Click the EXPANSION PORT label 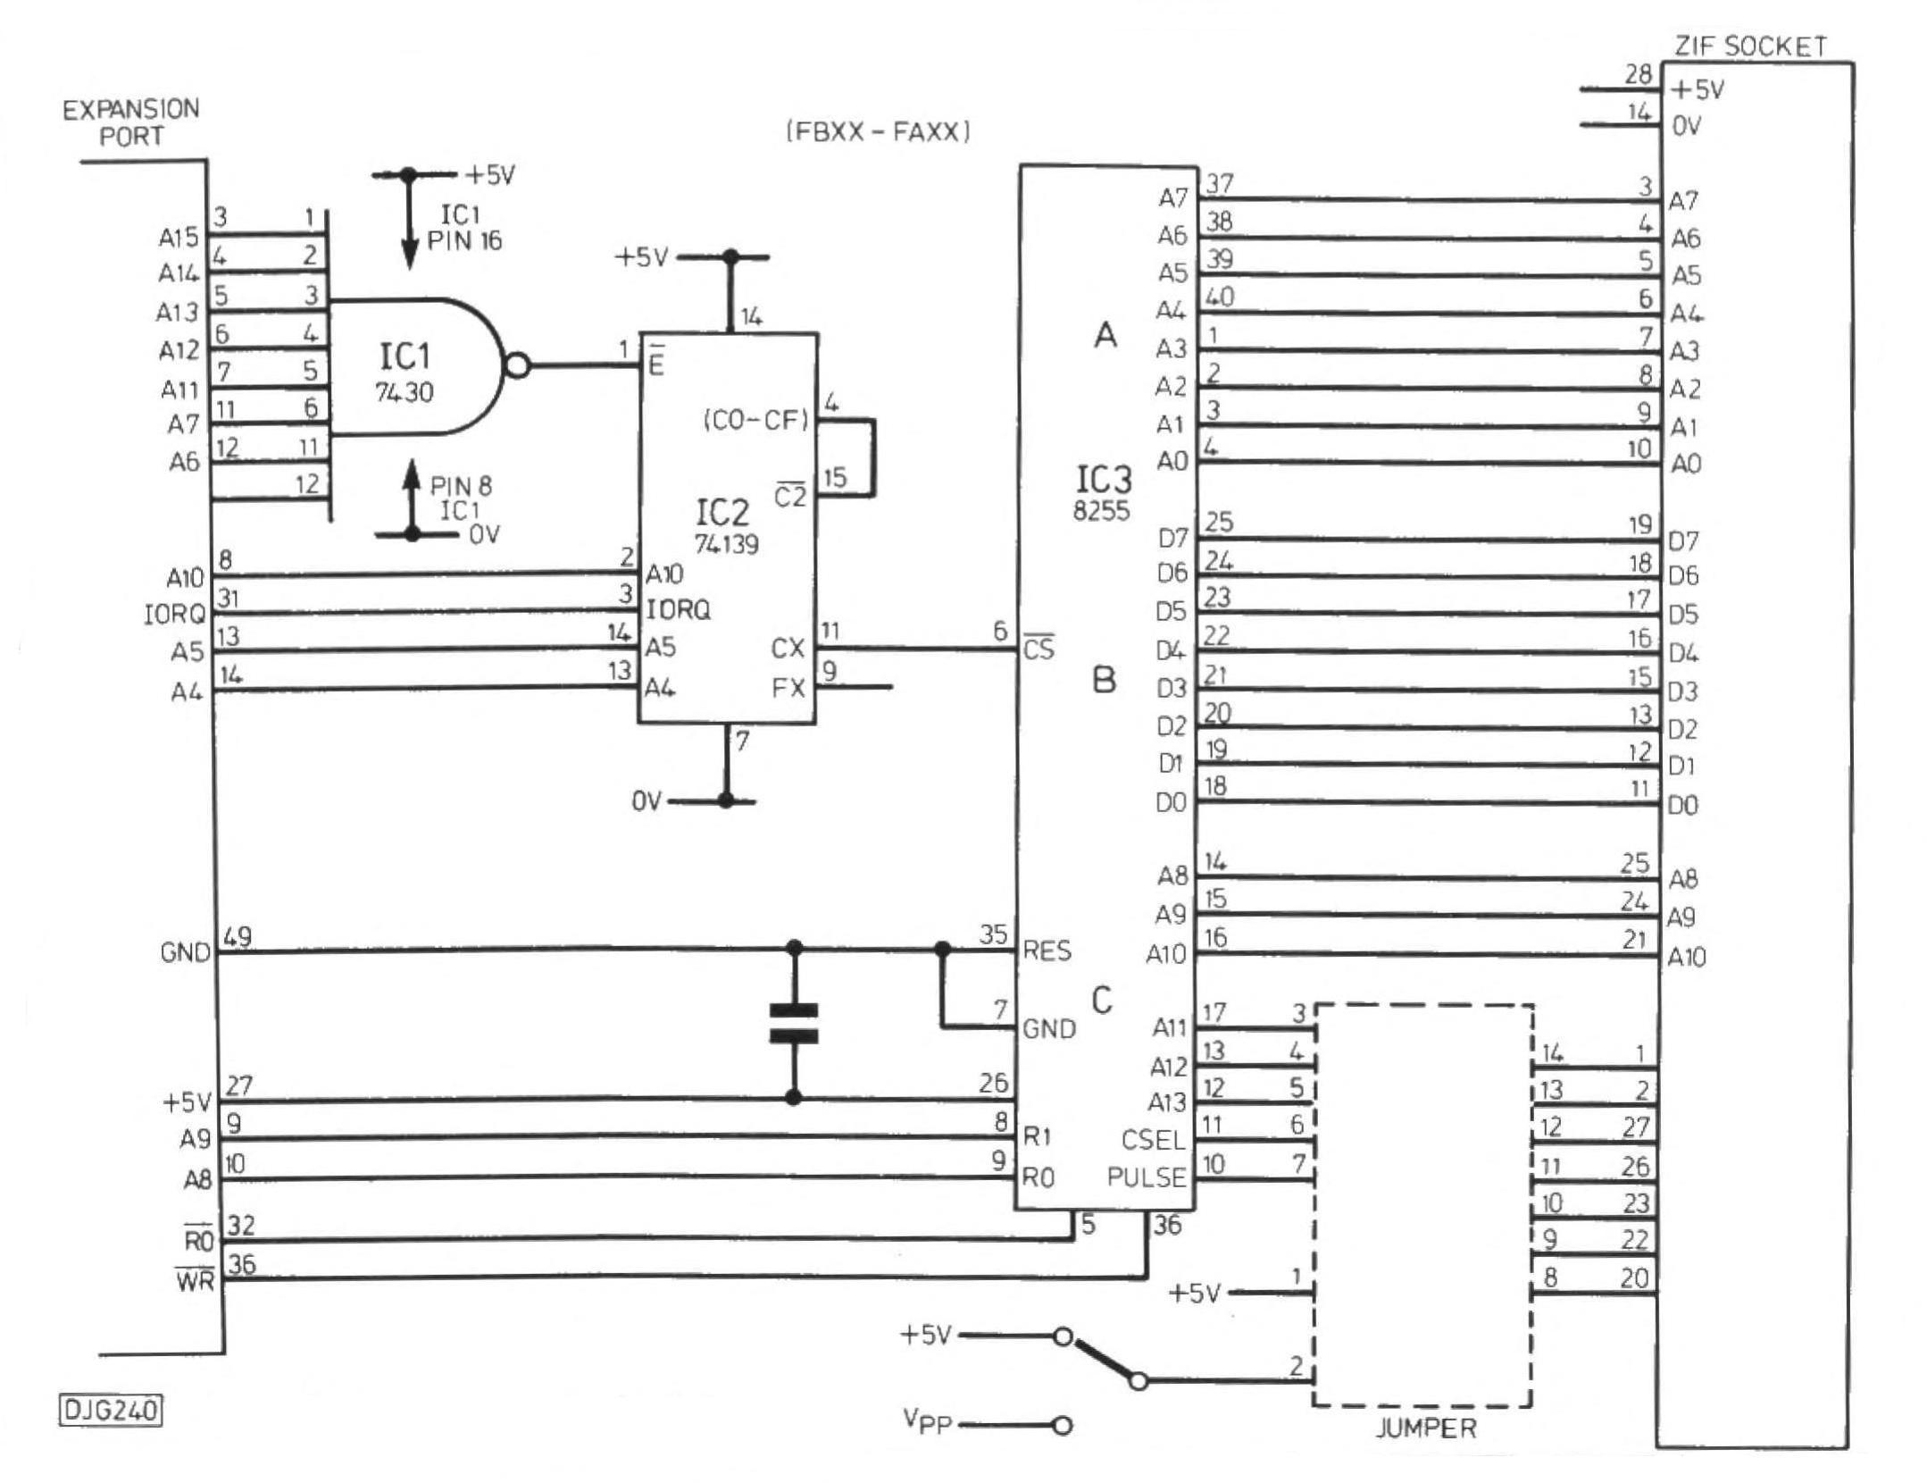[x=130, y=123]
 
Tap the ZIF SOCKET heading [x=1749, y=46]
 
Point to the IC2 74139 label [x=725, y=527]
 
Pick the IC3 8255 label [x=1104, y=492]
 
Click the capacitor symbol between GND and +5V [x=793, y=1024]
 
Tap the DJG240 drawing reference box [x=111, y=1410]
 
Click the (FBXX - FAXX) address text [x=878, y=132]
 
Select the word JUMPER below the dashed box [x=1425, y=1428]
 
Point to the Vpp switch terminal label [x=927, y=1421]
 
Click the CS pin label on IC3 [x=1039, y=649]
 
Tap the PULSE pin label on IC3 [x=1146, y=1177]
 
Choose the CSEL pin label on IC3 [x=1153, y=1140]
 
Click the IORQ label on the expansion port [x=174, y=615]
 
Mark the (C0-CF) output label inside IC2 [x=756, y=421]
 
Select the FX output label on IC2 [x=788, y=688]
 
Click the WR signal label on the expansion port [x=196, y=1279]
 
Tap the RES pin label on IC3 [x=1047, y=951]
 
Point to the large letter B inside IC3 [x=1105, y=681]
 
